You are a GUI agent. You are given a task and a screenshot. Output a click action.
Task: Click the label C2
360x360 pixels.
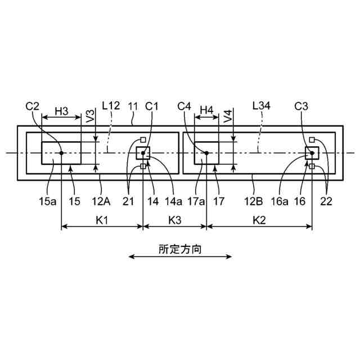33,106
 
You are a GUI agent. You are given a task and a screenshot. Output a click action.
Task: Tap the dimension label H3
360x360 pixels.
61,111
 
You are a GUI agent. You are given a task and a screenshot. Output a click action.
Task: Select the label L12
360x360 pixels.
111,106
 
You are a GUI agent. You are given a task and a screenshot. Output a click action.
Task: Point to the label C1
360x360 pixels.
152,106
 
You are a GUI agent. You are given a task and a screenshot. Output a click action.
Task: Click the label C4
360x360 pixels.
184,106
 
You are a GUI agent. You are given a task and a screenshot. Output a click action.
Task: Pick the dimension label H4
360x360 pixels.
207,111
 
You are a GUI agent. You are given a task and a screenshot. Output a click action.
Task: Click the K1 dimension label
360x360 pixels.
101,219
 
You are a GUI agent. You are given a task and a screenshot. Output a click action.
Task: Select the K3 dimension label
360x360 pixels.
174,219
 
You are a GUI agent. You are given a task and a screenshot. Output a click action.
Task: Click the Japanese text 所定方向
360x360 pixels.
180,248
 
